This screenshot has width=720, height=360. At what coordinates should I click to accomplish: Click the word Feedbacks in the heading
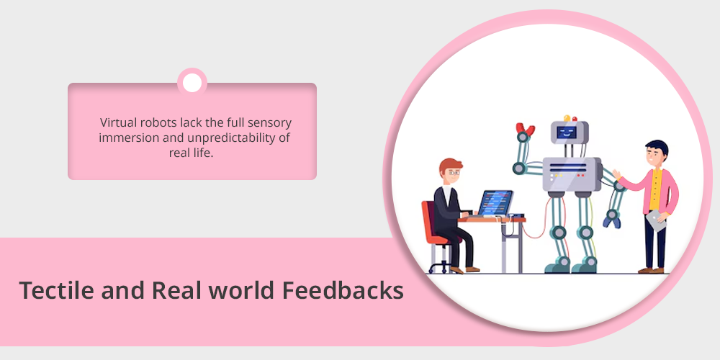[x=343, y=290]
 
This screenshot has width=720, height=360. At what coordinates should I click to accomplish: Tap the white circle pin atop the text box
[x=192, y=83]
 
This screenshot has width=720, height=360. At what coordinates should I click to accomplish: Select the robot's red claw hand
[x=525, y=129]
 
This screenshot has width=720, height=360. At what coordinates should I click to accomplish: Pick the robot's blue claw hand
[x=611, y=222]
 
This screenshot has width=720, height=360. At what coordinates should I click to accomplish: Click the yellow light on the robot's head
[x=567, y=119]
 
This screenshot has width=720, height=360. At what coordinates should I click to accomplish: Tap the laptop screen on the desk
[x=495, y=203]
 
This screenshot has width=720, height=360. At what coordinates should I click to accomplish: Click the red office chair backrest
[x=429, y=222]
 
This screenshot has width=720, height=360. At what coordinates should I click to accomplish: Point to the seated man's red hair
[x=450, y=164]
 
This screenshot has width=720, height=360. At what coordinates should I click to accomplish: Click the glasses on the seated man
[x=454, y=173]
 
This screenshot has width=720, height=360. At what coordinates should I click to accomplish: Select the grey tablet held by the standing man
[x=656, y=220]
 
